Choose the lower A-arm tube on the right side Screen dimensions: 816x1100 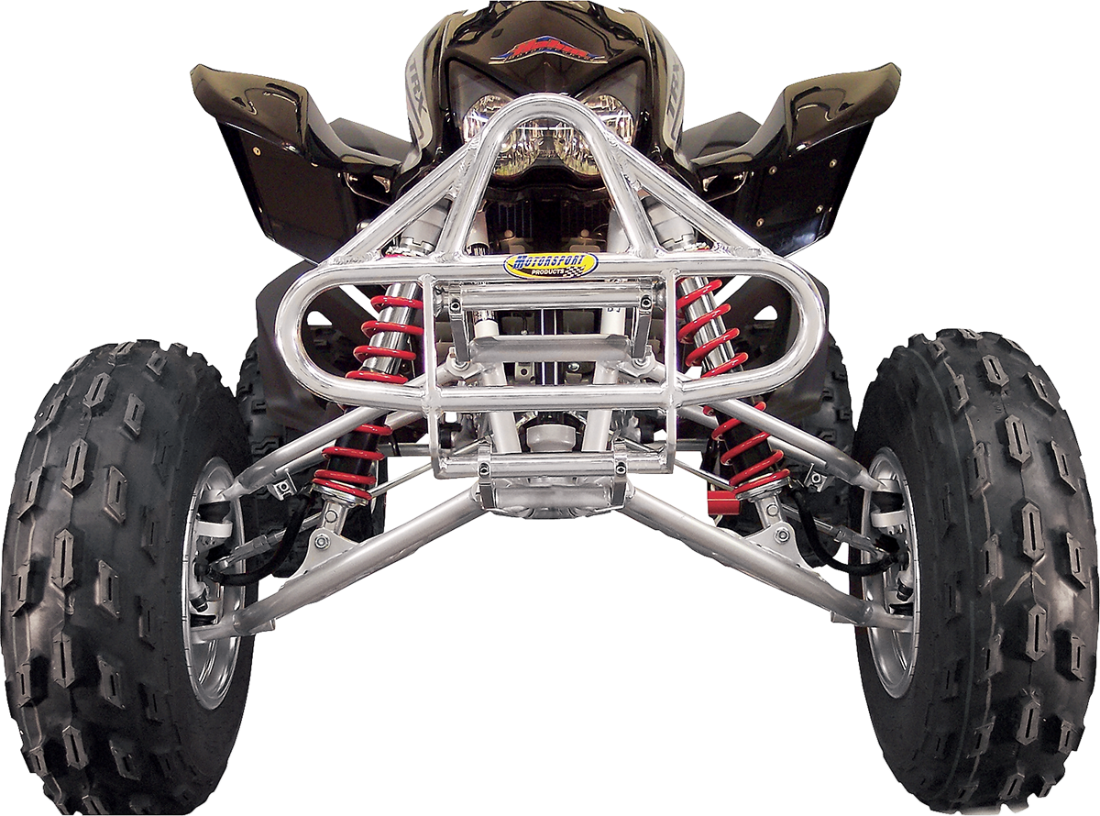[733, 559]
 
